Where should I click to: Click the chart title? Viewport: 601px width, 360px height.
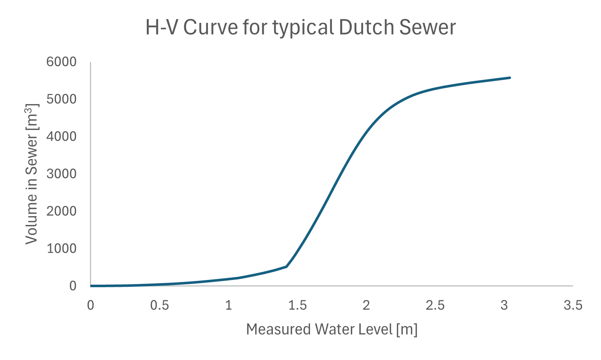coord(300,28)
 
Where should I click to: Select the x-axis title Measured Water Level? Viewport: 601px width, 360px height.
coord(331,329)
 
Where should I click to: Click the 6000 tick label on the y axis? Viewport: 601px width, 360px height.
coord(62,62)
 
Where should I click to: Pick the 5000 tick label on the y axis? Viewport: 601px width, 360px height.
coord(62,99)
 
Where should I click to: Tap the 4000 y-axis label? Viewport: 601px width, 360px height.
coord(62,137)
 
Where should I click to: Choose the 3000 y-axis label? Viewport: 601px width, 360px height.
coord(62,174)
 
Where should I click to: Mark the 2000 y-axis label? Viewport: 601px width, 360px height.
coord(62,211)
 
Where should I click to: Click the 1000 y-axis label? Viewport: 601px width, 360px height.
coord(62,249)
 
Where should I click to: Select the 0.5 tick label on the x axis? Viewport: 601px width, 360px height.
coord(160,305)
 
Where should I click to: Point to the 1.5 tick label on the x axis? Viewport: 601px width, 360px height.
coord(297,305)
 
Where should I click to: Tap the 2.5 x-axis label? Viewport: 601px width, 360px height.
coord(435,305)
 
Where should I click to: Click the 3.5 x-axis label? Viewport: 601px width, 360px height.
coord(573,305)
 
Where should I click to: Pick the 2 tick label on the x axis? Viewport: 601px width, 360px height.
coord(366,305)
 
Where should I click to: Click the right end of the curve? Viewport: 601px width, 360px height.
coord(510,78)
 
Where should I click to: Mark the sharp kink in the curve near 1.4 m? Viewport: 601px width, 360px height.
coord(287,266)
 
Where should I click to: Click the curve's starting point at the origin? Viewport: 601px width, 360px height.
coord(91,286)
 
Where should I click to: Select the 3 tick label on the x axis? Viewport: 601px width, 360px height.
coord(504,305)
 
